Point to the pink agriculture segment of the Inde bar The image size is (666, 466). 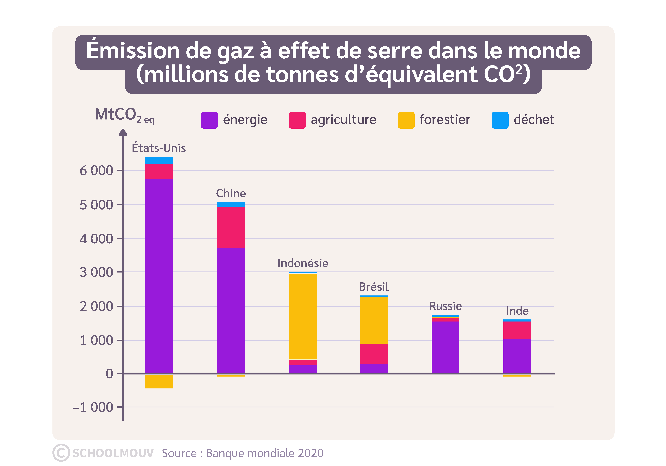pos(517,330)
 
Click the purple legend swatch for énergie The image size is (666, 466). pos(209,120)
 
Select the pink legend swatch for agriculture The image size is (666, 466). pos(297,120)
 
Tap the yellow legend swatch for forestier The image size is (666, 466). pos(406,120)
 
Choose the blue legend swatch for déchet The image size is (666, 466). pos(500,120)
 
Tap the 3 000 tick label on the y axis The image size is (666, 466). pos(96,272)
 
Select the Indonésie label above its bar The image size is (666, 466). pos(303,263)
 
